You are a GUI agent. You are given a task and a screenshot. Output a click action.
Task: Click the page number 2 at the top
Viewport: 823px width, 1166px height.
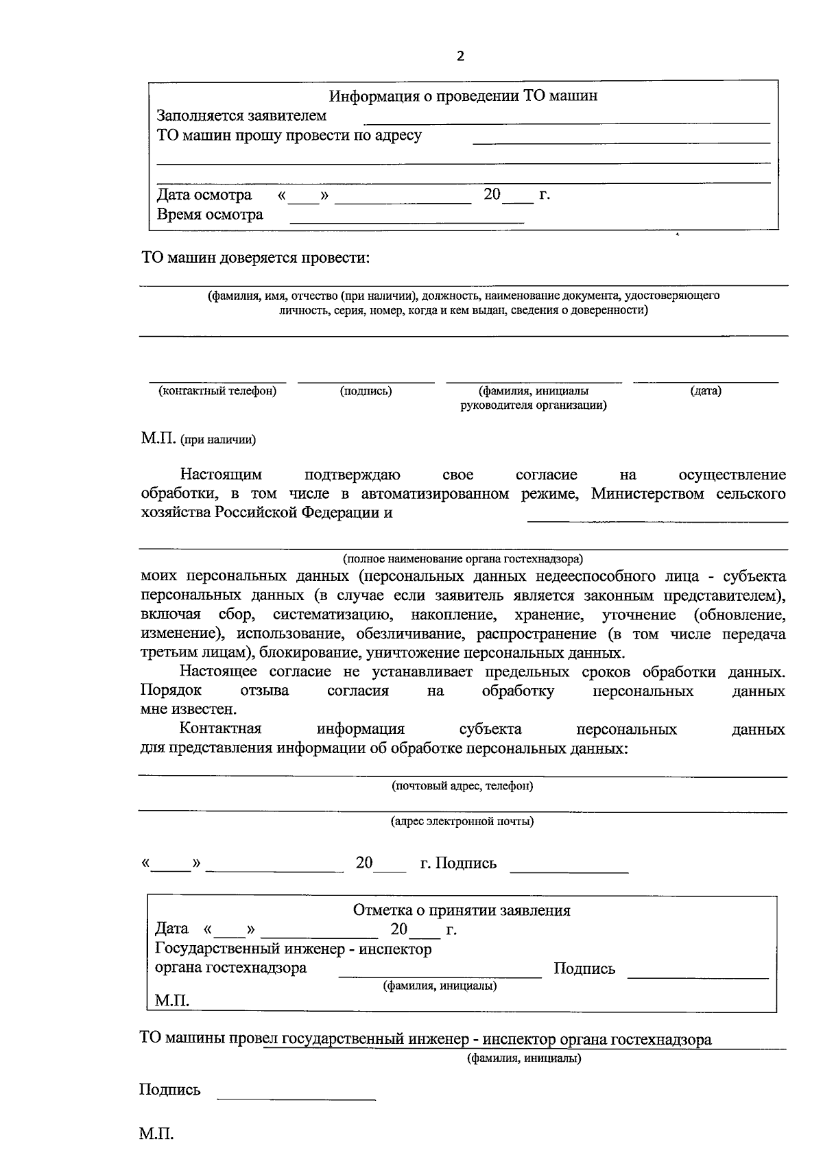tap(460, 56)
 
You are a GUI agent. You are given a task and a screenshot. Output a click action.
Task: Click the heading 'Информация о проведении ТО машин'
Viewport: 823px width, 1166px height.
tap(463, 96)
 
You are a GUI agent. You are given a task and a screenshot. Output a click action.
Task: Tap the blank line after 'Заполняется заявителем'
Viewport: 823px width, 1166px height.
tap(566, 121)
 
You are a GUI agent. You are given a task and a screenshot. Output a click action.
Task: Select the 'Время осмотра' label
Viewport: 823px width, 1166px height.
tap(210, 215)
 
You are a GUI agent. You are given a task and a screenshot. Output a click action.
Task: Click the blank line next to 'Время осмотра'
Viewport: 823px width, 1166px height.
tap(407, 222)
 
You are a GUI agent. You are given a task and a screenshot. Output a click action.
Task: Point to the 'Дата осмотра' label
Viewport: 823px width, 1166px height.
tap(204, 195)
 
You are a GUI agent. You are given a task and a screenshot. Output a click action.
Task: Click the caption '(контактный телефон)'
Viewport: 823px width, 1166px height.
tap(217, 391)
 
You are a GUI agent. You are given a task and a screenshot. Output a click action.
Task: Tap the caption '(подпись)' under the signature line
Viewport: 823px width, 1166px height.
tap(366, 391)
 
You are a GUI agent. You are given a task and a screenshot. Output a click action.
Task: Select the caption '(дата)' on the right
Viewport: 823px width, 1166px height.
tap(706, 391)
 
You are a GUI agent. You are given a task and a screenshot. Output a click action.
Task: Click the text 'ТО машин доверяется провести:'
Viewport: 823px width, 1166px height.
tap(255, 258)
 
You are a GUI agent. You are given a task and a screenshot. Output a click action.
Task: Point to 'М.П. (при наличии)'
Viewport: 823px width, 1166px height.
tap(198, 439)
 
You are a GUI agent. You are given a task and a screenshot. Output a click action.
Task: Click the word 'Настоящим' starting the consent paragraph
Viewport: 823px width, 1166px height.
tap(221, 475)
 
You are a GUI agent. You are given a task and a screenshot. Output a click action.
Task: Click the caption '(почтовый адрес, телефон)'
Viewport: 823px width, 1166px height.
tap(462, 786)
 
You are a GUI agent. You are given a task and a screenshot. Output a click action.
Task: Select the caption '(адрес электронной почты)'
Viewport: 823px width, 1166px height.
tap(462, 821)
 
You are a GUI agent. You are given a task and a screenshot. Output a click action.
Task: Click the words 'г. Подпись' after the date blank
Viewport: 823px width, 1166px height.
tap(458, 863)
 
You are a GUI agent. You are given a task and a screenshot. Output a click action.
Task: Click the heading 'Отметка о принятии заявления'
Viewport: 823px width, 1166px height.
tap(462, 910)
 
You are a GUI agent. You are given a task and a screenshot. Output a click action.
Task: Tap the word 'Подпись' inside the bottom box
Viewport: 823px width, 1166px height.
tap(584, 968)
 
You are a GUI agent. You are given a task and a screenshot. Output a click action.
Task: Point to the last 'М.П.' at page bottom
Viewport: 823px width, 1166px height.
tap(156, 1134)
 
